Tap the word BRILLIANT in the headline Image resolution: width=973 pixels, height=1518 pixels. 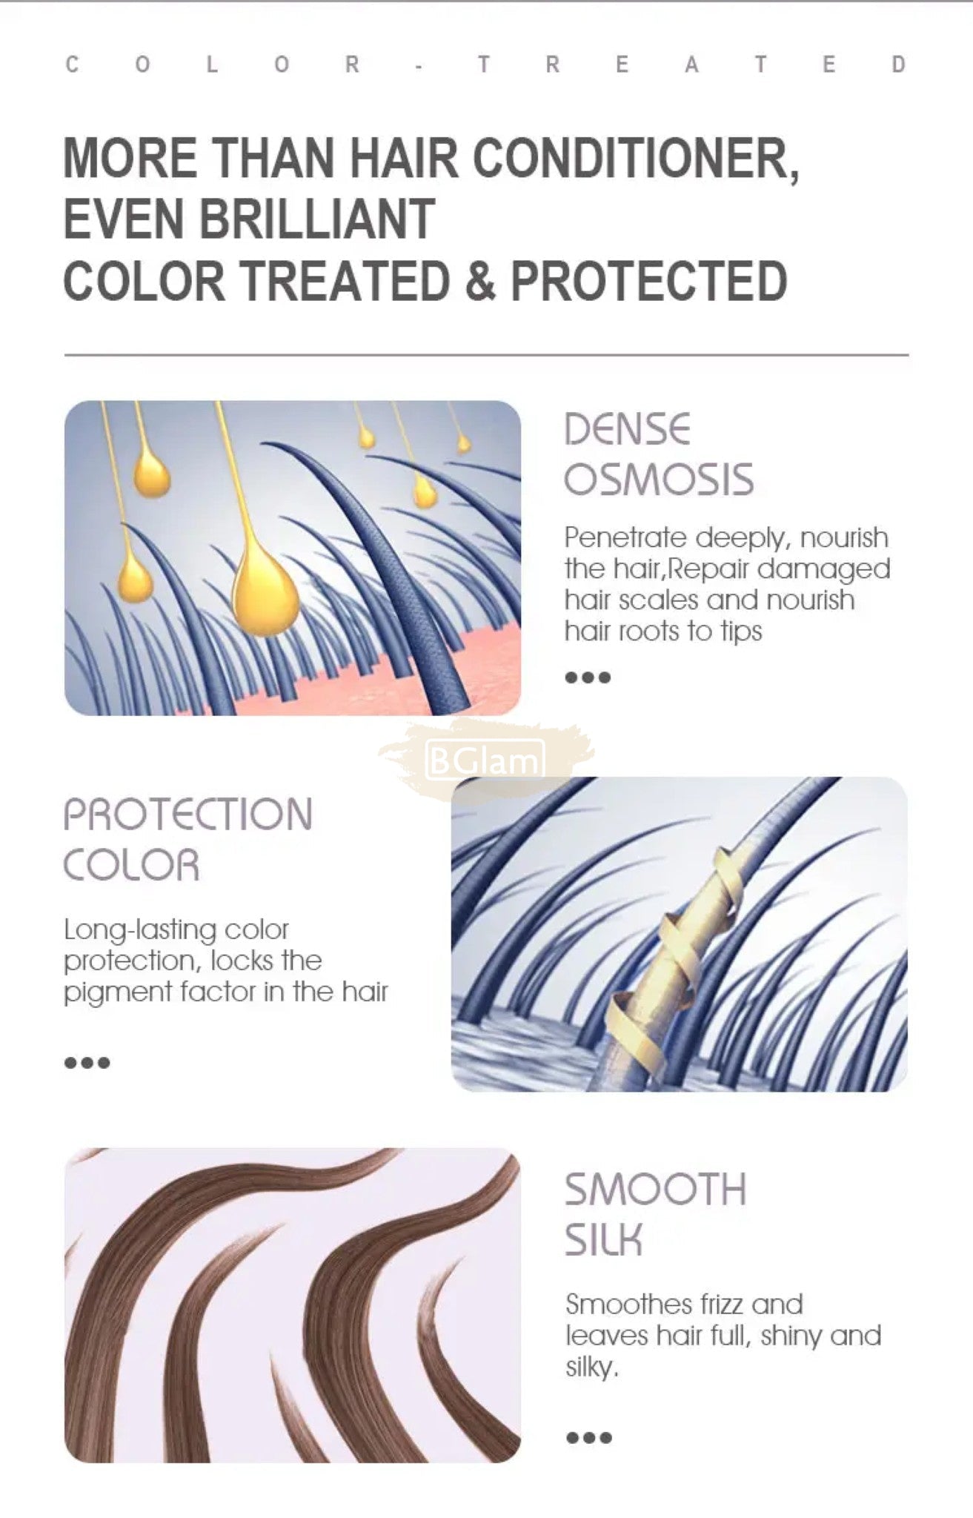318,219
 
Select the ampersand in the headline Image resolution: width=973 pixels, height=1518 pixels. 480,282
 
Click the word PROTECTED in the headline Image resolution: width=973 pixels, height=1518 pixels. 648,282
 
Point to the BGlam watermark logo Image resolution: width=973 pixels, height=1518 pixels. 485,758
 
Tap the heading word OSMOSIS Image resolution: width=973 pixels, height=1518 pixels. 659,480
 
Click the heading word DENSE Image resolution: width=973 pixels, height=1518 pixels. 627,429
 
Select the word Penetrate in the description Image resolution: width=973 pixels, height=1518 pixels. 626,537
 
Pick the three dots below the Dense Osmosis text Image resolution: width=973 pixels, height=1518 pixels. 588,677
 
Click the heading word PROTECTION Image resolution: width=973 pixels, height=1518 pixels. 188,814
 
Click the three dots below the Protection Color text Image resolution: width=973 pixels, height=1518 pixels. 87,1062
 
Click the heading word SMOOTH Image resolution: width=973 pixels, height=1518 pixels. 655,1189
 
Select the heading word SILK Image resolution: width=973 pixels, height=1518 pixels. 603,1239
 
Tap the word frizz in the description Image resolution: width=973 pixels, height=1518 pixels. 703,1304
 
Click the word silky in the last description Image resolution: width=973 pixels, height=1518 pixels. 591,1368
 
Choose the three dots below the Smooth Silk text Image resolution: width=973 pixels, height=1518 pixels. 589,1437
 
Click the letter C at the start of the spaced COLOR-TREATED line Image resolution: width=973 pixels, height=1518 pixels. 72,64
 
